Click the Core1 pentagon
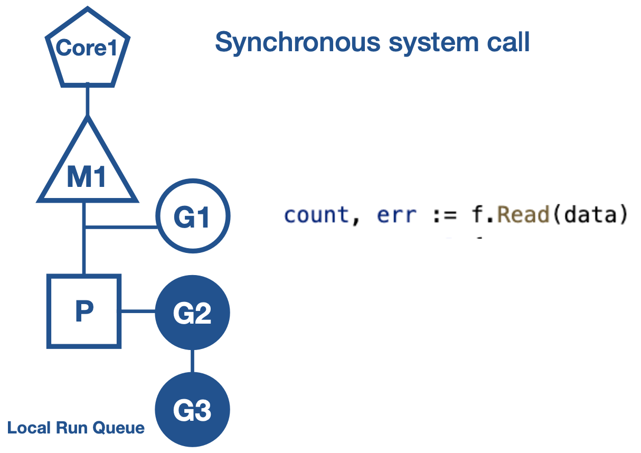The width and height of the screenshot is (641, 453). pyautogui.click(x=88, y=50)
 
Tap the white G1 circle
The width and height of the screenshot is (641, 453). pyautogui.click(x=193, y=217)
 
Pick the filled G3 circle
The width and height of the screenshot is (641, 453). pyautogui.click(x=193, y=409)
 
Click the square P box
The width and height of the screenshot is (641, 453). pyautogui.click(x=84, y=312)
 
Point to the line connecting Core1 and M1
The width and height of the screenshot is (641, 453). pyautogui.click(x=88, y=100)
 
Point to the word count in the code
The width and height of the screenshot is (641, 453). pyautogui.click(x=316, y=216)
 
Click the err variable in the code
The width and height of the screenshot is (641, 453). pyautogui.click(x=397, y=216)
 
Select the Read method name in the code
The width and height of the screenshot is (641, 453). pyautogui.click(x=523, y=216)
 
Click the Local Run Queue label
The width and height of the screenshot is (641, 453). pyautogui.click(x=76, y=427)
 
